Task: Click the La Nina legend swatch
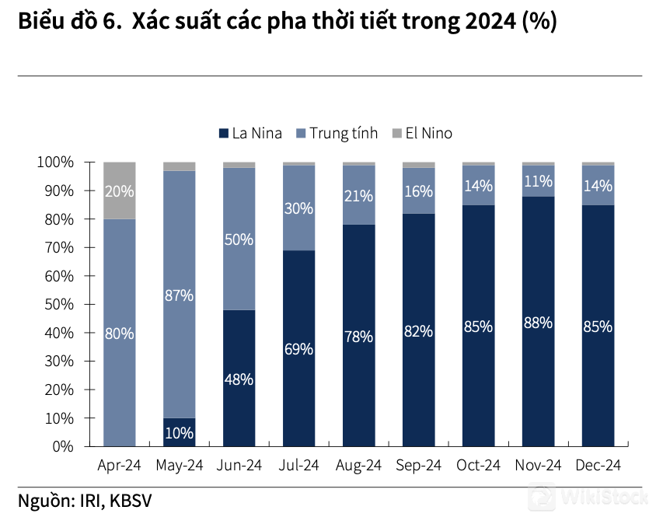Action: click(x=224, y=133)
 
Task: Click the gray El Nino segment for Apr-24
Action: click(x=120, y=190)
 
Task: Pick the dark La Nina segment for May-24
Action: click(x=180, y=432)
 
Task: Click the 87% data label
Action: click(x=180, y=295)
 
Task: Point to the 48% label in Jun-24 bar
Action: click(x=239, y=380)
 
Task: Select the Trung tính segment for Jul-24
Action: click(x=298, y=208)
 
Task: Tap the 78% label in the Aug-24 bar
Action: click(x=358, y=337)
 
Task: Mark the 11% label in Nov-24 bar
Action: click(x=538, y=181)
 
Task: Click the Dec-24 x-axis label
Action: click(x=598, y=466)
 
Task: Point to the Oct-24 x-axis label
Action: click(x=478, y=466)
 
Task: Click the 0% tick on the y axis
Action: click(x=62, y=447)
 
